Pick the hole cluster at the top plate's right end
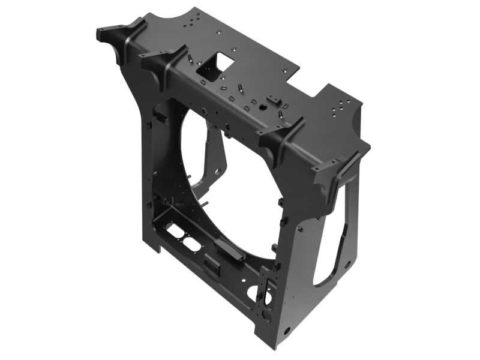340,106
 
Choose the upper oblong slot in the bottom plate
175,230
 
